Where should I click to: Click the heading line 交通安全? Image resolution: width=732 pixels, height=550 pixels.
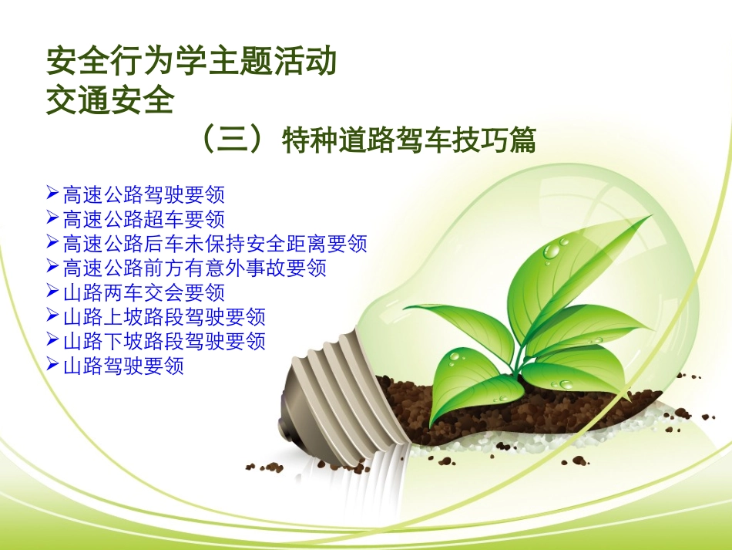point(109,100)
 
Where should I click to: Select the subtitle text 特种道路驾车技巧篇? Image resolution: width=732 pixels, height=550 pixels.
point(408,141)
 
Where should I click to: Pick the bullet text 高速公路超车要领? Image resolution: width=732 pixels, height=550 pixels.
point(143,219)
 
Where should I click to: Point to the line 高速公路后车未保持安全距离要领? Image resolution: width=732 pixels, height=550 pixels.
point(215,244)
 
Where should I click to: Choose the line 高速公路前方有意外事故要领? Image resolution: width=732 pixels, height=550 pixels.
point(194,268)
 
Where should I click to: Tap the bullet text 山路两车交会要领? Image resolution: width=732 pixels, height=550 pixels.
point(143,293)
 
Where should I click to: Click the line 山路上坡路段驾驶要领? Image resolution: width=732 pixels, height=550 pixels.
point(164,317)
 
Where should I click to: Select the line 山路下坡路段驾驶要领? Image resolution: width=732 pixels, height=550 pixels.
point(164,341)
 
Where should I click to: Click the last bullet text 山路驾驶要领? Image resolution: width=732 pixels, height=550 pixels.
point(123,366)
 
